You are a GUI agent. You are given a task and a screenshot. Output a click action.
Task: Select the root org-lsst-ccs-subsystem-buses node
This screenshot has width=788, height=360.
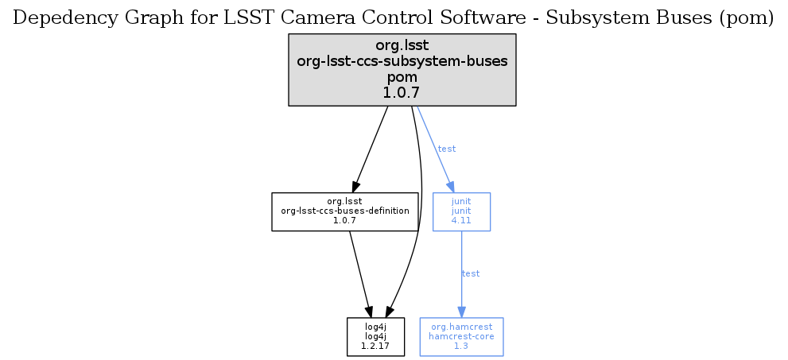(x=402, y=69)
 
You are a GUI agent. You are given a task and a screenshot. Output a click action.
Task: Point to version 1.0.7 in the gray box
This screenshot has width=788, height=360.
(x=402, y=93)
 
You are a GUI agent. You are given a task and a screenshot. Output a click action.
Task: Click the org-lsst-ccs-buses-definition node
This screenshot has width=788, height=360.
(x=345, y=211)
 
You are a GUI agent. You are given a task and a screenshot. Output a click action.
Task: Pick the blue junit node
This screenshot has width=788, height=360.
(x=461, y=211)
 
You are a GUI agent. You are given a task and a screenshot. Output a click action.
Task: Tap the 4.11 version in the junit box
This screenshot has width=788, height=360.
(x=461, y=220)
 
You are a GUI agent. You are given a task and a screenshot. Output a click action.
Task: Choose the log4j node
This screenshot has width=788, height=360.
(x=375, y=336)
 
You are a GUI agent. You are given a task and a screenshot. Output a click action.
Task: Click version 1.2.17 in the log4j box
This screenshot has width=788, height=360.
(x=375, y=346)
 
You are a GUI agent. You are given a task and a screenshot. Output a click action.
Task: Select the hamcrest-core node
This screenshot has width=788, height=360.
(x=461, y=336)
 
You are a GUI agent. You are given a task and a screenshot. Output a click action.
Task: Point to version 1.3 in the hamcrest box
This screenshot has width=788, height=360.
(x=461, y=346)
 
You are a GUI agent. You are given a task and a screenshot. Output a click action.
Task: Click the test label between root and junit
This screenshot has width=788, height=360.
(x=447, y=149)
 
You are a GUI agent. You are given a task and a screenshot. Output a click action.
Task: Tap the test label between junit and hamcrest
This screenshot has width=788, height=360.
(x=471, y=273)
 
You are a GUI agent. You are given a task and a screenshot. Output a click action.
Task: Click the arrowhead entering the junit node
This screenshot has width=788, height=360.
(x=450, y=187)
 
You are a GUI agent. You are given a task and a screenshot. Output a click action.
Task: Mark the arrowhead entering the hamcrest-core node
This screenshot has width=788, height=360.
(x=461, y=312)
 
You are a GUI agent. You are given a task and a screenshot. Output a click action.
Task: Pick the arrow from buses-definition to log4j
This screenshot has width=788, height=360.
(x=359, y=270)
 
